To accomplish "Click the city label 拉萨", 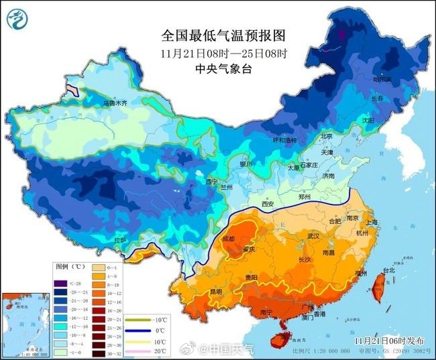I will click(119, 239).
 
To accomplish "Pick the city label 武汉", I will click(313, 237).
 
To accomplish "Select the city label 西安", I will click(268, 203).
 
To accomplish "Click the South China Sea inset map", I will click(25, 322).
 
